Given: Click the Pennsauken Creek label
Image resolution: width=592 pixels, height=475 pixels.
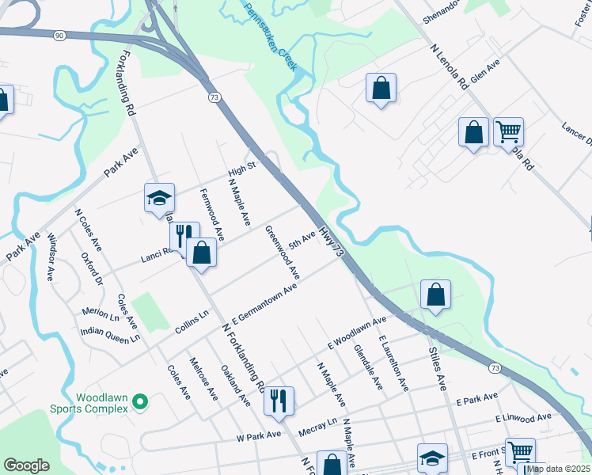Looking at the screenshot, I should click(x=270, y=36).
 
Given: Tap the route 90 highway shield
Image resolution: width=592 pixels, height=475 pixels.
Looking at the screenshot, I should click(x=59, y=35).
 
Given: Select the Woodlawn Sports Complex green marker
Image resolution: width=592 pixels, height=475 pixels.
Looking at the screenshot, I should click(x=140, y=403).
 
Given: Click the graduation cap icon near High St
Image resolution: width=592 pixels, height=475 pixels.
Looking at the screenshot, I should click(x=159, y=198).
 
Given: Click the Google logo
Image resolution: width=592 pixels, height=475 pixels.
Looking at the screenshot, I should click(x=26, y=465).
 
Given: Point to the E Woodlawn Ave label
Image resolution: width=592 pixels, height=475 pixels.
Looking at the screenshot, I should click(x=357, y=332).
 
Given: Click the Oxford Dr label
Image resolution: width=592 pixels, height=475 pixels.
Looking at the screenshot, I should click(x=93, y=268).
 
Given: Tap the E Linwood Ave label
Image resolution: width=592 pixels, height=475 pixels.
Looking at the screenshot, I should click(x=523, y=417).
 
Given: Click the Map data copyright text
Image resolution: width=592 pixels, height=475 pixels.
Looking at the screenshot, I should click(x=558, y=469).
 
